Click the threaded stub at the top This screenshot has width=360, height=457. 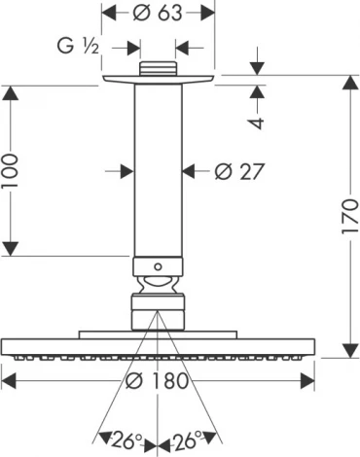click(158, 68)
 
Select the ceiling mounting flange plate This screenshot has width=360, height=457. click(158, 81)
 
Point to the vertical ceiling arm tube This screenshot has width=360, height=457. click(158, 170)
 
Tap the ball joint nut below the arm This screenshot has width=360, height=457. click(158, 289)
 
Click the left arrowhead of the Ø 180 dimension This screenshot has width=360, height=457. click(8, 379)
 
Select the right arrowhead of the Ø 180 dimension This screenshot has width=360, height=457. click(308, 379)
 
